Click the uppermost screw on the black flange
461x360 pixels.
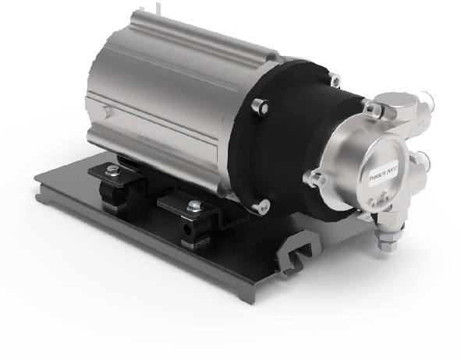pyautogui.click(x=334, y=78)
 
